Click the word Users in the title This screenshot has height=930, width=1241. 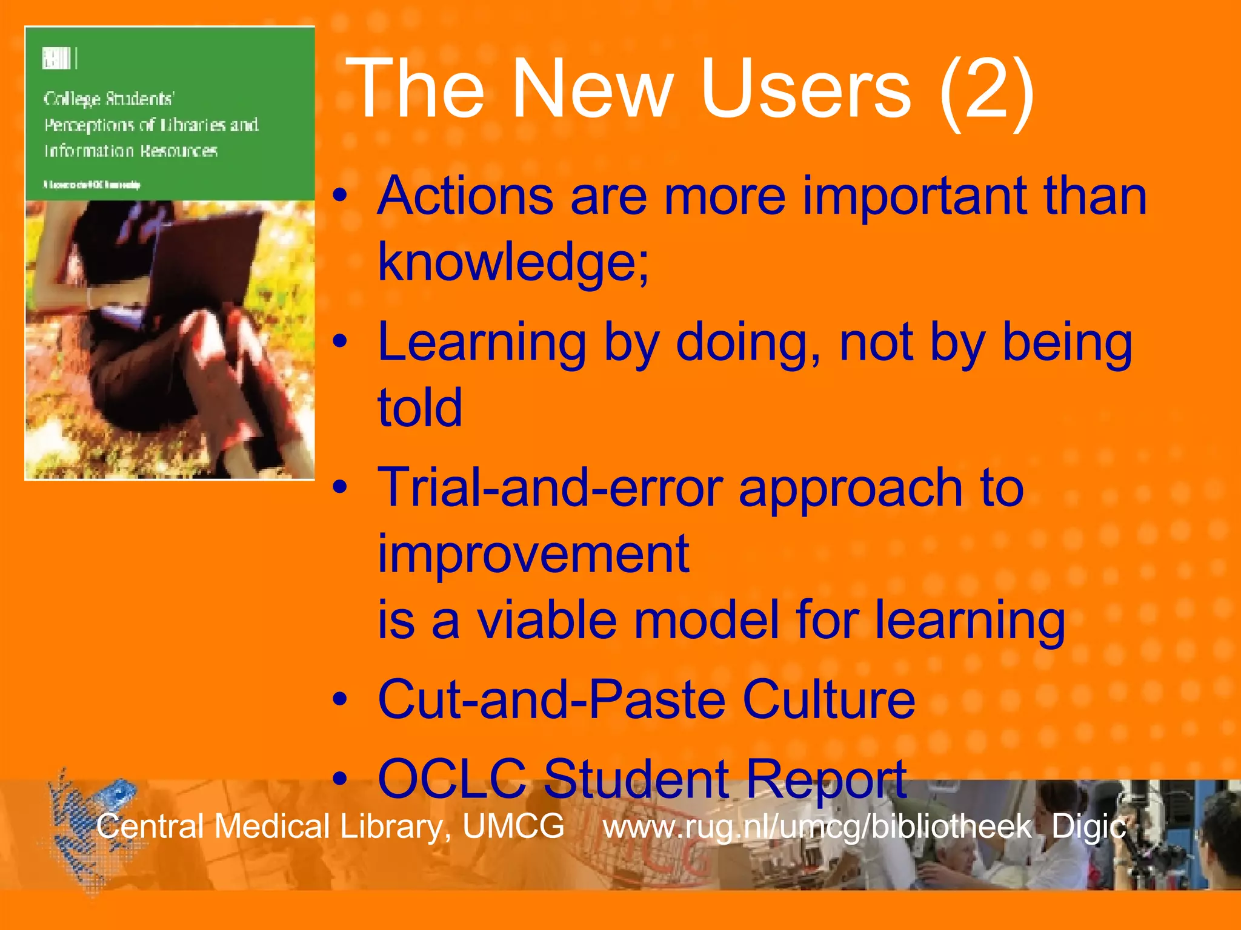click(806, 90)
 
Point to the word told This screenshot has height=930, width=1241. click(420, 407)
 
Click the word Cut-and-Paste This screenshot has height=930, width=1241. click(551, 699)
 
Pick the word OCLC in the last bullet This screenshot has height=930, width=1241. click(451, 779)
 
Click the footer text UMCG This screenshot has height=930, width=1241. click(513, 826)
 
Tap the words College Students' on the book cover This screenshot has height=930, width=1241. click(109, 99)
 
